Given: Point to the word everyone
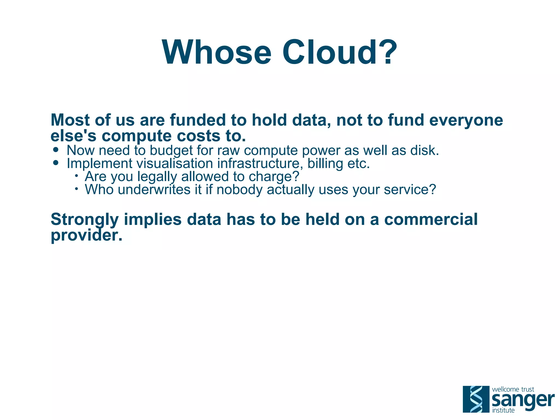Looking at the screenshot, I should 466,120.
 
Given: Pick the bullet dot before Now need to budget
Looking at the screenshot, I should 56,150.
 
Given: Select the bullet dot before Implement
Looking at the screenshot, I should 56,163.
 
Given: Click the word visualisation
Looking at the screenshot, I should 174,163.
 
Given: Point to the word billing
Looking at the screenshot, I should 325,164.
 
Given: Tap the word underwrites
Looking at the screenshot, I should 154,189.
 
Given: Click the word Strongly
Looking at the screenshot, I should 84,220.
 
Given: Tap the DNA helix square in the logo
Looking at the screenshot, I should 476,399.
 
